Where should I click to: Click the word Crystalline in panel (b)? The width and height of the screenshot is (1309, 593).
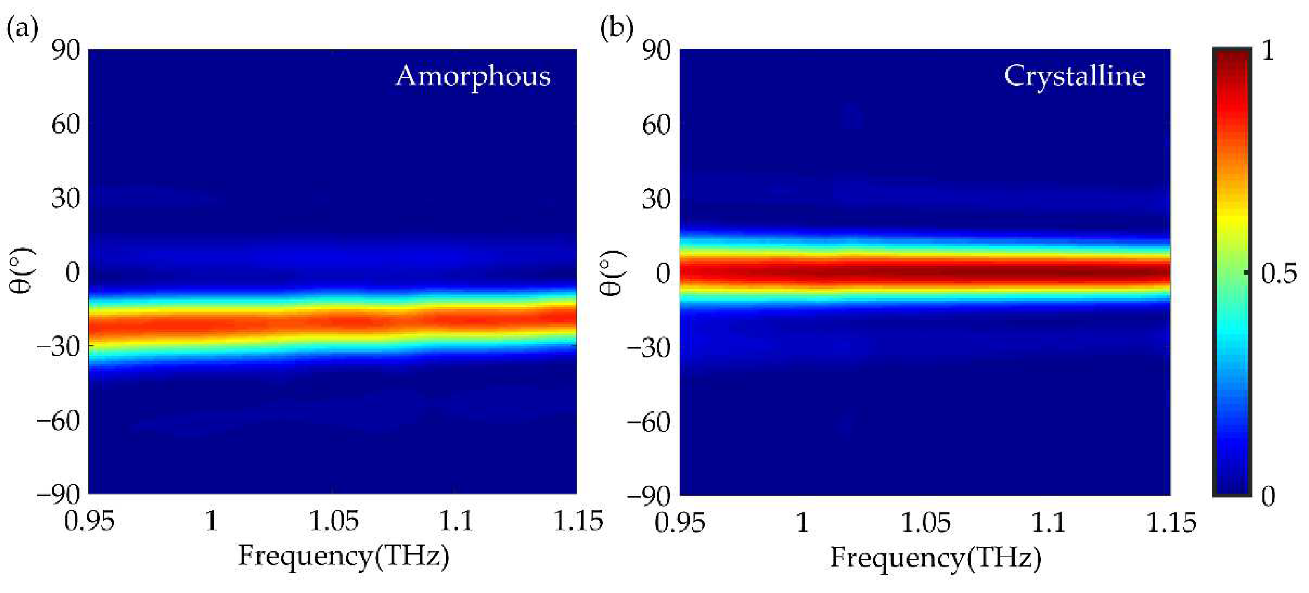[x=1074, y=77]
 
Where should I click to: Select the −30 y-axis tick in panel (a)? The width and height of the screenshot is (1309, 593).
[x=58, y=347]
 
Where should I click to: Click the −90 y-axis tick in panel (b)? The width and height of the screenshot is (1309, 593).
[x=648, y=496]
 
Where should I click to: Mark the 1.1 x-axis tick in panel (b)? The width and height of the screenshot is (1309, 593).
[x=1048, y=523]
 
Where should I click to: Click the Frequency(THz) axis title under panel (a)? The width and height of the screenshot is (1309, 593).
[x=344, y=556]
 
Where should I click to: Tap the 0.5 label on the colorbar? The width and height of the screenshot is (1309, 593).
[x=1278, y=275]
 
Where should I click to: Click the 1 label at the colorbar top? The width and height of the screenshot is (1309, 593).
[x=1269, y=51]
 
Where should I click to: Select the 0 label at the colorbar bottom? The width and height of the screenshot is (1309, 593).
[x=1269, y=496]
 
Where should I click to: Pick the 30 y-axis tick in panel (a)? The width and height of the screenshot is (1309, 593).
[x=66, y=199]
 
